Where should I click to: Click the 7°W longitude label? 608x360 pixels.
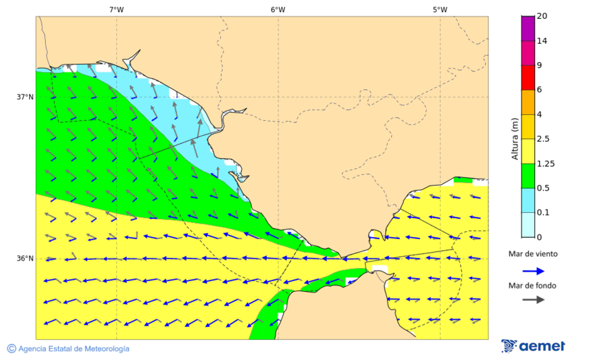tap(116, 9)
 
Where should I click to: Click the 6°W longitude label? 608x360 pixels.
tap(278, 9)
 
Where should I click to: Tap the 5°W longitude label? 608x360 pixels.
tap(440, 9)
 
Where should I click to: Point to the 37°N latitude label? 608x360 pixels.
tap(25, 97)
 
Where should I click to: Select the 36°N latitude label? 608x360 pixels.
tap(25, 258)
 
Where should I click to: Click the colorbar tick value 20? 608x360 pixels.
tap(542, 16)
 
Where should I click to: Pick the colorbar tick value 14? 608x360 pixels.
tap(542, 41)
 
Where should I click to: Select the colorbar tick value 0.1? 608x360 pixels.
tap(543, 213)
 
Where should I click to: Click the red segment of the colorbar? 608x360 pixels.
tap(528, 78)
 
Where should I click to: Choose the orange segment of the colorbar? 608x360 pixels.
tap(528, 102)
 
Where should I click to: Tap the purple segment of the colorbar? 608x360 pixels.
tap(528, 28)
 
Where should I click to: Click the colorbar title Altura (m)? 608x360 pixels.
tap(515, 138)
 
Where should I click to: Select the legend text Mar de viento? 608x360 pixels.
tap(533, 254)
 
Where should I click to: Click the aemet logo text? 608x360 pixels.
tap(542, 346)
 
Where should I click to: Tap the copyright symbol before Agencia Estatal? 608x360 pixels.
tap(11, 349)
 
